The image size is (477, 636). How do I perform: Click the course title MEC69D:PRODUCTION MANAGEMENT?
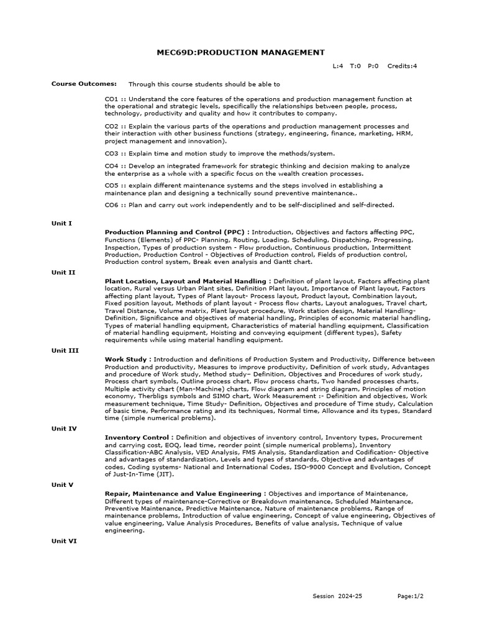240,52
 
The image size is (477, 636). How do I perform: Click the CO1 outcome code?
111,99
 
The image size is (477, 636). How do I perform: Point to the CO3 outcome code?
111,153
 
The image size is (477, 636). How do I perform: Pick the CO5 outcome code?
111,185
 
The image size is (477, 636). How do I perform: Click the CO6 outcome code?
111,204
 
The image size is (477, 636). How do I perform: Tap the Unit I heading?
61,223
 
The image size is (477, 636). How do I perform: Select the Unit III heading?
65,350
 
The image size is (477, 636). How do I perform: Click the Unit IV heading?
64,429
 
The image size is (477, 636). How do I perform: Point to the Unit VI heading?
64,541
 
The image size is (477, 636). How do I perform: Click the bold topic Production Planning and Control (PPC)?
177,232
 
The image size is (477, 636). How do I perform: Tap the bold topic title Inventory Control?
137,437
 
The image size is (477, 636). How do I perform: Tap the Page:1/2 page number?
410,596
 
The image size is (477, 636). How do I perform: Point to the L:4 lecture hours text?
338,65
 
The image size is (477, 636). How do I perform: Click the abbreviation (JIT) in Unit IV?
164,474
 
